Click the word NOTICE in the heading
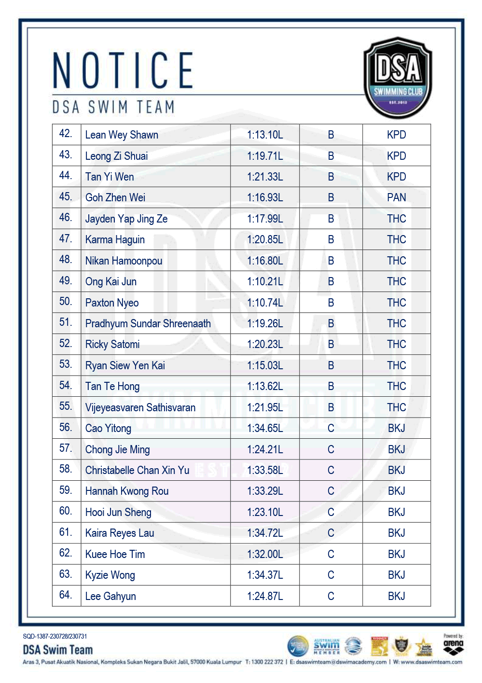point(123,70)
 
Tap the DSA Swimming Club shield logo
point(397,78)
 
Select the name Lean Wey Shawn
point(122,135)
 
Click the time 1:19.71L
point(265,156)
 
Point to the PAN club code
point(396,197)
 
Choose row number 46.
point(66,218)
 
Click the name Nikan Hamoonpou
point(124,261)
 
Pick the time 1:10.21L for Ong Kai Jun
point(265,281)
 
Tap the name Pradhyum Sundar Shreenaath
point(148,323)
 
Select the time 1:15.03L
point(265,365)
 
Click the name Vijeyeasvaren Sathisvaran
point(140,407)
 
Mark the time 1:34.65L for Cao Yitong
point(265,428)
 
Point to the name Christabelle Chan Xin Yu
point(137,470)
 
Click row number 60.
point(66,511)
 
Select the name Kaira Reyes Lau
point(120,533)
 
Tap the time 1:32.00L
point(265,554)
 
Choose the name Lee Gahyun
point(110,596)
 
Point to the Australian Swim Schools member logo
point(327,646)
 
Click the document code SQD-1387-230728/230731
point(55,636)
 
